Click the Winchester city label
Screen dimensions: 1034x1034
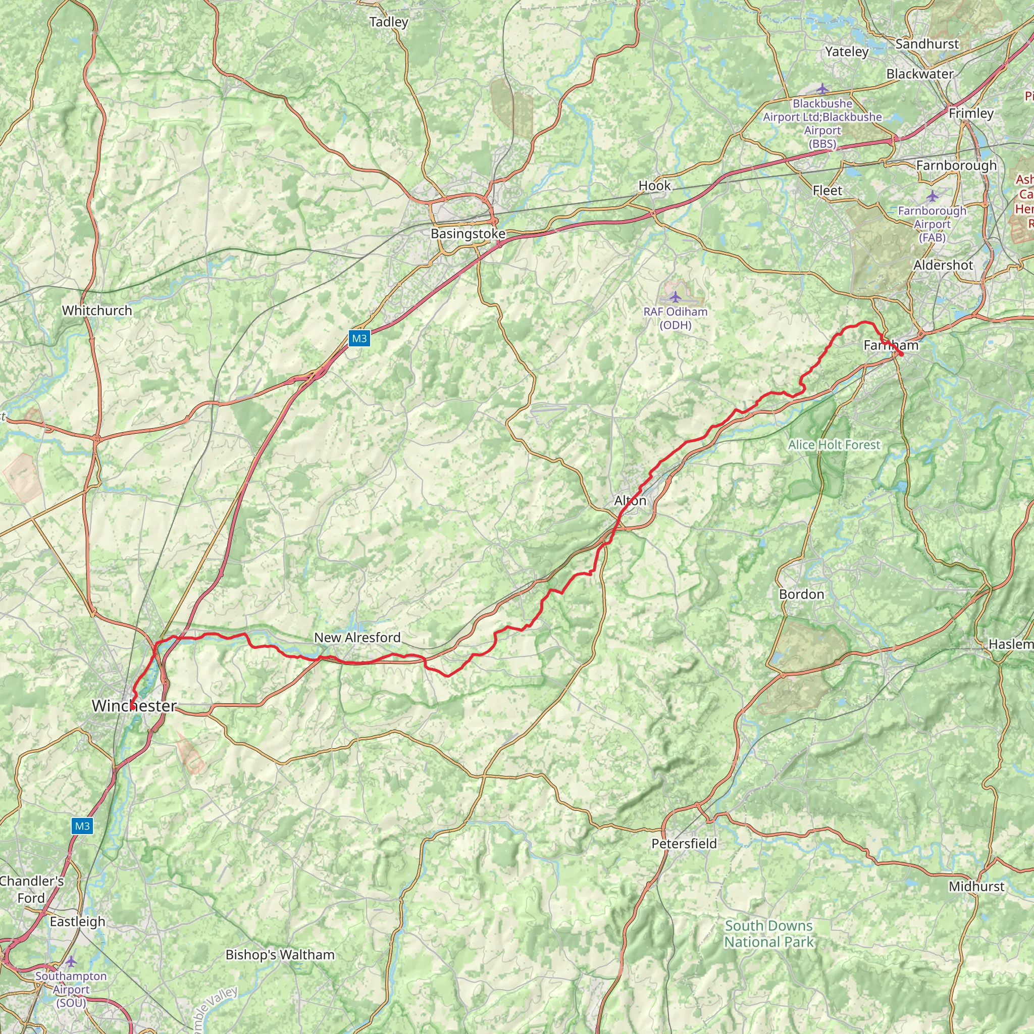pyautogui.click(x=134, y=706)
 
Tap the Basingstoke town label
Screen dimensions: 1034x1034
pyautogui.click(x=468, y=234)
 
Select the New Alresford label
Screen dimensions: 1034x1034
pyautogui.click(x=357, y=638)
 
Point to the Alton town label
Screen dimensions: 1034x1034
pyautogui.click(x=630, y=500)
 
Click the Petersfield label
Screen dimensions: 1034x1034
pyautogui.click(x=684, y=844)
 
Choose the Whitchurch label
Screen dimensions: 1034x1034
pyautogui.click(x=97, y=311)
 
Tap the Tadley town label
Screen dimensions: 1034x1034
pyautogui.click(x=389, y=22)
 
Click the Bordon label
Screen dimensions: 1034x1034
pyautogui.click(x=801, y=594)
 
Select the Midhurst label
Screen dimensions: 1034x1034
pyautogui.click(x=977, y=886)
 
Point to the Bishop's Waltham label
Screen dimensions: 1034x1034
pyautogui.click(x=280, y=955)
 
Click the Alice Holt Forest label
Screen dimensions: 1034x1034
pyautogui.click(x=834, y=445)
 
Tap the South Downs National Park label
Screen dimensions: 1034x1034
pyautogui.click(x=768, y=934)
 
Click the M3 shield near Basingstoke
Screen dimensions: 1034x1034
pyautogui.click(x=359, y=338)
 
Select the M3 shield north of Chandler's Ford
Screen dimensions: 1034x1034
pyautogui.click(x=82, y=826)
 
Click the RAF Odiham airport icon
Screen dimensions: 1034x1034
pyautogui.click(x=676, y=296)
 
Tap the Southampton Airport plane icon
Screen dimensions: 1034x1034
pyautogui.click(x=71, y=962)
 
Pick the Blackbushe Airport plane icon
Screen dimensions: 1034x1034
pyautogui.click(x=822, y=89)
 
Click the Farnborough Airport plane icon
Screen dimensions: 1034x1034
pyautogui.click(x=933, y=196)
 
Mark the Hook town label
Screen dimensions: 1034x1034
pyautogui.click(x=654, y=185)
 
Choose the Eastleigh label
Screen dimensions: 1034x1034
pyautogui.click(x=78, y=921)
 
